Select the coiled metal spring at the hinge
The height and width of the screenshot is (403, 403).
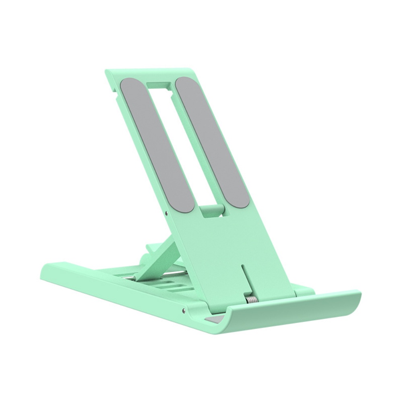click(252, 300)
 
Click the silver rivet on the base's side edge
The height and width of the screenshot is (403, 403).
click(184, 310)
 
